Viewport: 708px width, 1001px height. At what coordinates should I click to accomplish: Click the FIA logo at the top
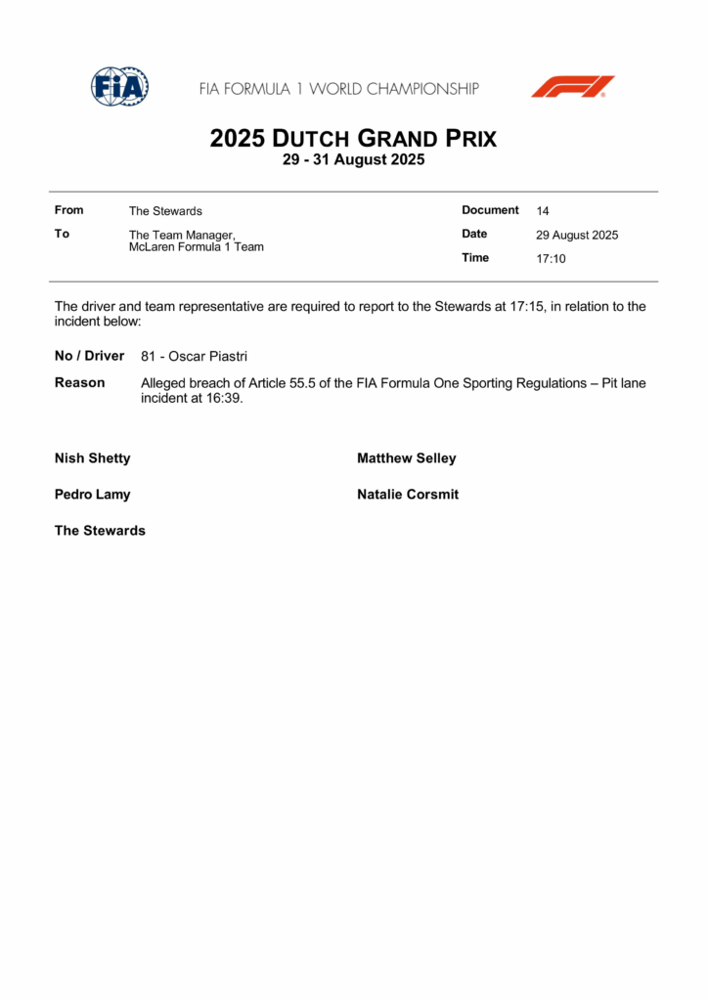coord(119,87)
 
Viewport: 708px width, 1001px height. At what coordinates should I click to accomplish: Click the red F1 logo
coord(573,86)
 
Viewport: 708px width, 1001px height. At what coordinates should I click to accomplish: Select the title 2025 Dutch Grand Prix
coord(353,139)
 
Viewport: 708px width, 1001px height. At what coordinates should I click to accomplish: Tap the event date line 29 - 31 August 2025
coord(353,160)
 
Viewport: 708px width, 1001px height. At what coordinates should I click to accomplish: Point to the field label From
coord(69,210)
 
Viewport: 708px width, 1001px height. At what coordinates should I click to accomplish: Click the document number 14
coord(543,211)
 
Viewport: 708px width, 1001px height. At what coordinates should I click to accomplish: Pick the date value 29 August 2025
coord(577,236)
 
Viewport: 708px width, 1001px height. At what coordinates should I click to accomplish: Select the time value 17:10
coord(551,259)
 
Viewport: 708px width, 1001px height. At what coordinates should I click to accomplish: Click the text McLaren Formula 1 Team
coord(197,247)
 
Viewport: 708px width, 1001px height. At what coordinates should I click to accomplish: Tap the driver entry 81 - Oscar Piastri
coord(194,357)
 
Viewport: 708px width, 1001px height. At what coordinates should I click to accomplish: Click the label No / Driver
coord(90,356)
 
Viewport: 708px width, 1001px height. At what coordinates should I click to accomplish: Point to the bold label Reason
coord(80,383)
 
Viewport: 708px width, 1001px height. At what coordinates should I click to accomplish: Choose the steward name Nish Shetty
coord(93,458)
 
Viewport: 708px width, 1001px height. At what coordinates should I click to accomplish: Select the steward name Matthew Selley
coord(407,458)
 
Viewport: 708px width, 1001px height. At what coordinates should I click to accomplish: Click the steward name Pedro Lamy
coord(93,495)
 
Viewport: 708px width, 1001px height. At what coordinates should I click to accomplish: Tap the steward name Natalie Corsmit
coord(408,495)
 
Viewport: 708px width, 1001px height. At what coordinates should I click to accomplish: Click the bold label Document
coord(490,210)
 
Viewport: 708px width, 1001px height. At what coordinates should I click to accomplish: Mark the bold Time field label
coord(475,258)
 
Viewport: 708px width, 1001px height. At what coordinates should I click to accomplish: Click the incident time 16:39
coord(224,399)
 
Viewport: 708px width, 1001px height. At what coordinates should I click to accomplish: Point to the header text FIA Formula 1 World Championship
coord(339,89)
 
